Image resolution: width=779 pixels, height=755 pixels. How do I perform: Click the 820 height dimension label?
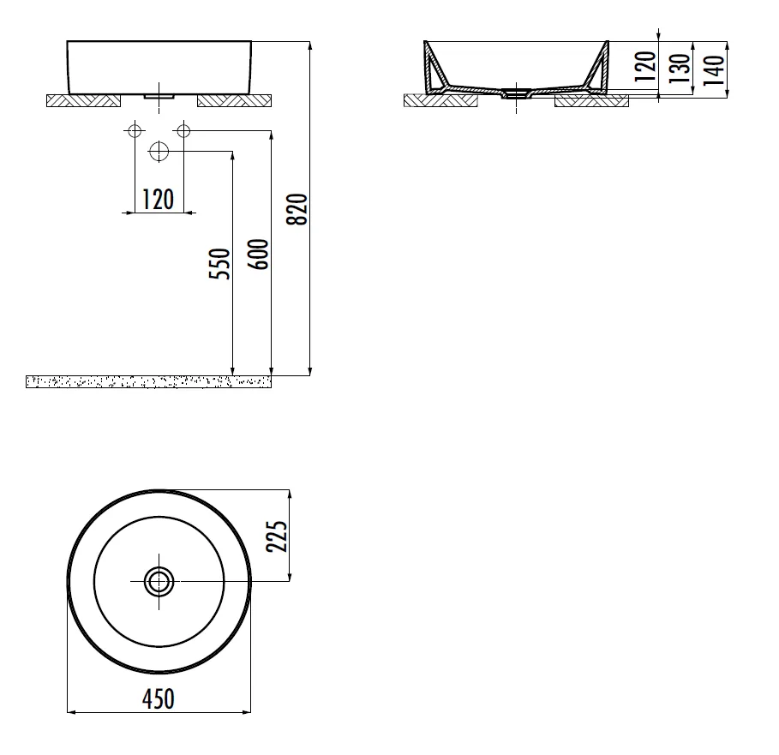pyautogui.click(x=297, y=209)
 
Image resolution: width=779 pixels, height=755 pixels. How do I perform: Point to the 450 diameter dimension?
pyautogui.click(x=158, y=699)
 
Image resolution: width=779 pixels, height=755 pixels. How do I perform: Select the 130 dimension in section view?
pyautogui.click(x=680, y=67)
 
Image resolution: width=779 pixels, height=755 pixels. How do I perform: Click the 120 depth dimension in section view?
pyautogui.click(x=646, y=66)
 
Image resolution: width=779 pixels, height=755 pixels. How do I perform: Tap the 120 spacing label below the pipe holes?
pyautogui.click(x=158, y=200)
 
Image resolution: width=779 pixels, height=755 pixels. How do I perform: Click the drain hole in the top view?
pyautogui.click(x=159, y=582)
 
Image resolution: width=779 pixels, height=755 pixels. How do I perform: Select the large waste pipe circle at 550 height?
pyautogui.click(x=159, y=152)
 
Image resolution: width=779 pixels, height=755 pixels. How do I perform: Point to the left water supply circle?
pyautogui.click(x=134, y=130)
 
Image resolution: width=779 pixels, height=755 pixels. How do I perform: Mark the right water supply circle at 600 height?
pyautogui.click(x=183, y=130)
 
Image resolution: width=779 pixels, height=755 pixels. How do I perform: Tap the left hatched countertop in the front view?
pyautogui.click(x=83, y=101)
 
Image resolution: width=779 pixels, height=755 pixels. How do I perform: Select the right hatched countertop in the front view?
pyautogui.click(x=234, y=101)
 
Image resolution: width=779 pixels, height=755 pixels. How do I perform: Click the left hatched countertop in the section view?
pyautogui.click(x=440, y=101)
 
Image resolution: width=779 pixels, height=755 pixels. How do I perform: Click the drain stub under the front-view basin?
pyautogui.click(x=159, y=97)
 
